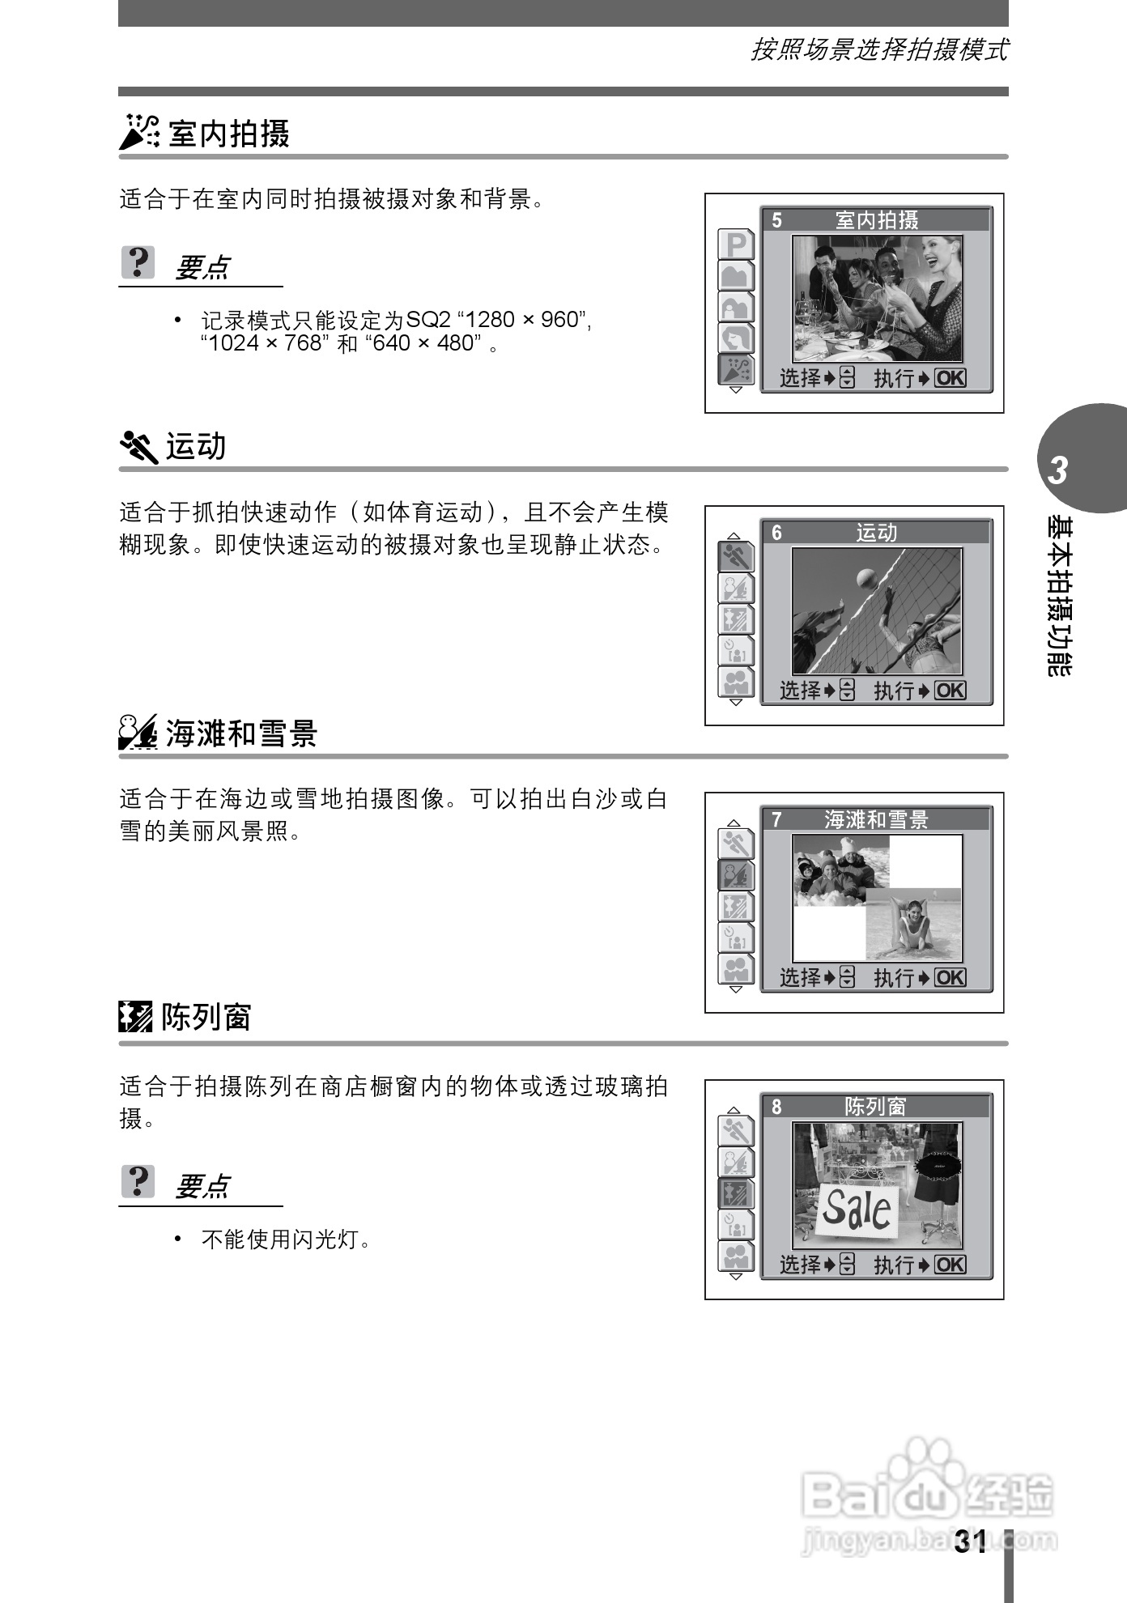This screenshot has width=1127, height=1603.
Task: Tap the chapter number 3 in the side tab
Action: (1057, 470)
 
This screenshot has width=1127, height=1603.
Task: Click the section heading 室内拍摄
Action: (229, 134)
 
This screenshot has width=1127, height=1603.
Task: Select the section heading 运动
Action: (196, 446)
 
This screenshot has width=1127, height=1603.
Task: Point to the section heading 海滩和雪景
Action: (241, 733)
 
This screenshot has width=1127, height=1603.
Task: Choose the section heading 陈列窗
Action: (206, 1017)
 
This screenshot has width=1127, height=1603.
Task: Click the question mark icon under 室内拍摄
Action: (138, 262)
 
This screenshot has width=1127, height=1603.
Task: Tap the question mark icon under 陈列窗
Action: (138, 1181)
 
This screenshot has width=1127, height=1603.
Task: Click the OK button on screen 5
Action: (951, 378)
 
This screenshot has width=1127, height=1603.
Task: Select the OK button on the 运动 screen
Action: (951, 691)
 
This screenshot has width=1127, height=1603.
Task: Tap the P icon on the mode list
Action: (736, 244)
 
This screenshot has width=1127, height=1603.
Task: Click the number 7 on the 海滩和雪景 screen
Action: (777, 820)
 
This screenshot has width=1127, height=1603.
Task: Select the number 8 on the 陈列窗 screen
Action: (777, 1107)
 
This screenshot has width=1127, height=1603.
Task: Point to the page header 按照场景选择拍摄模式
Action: (879, 50)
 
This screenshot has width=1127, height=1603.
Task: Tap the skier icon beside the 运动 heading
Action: (138, 446)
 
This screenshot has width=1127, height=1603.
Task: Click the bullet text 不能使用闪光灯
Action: (286, 1239)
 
